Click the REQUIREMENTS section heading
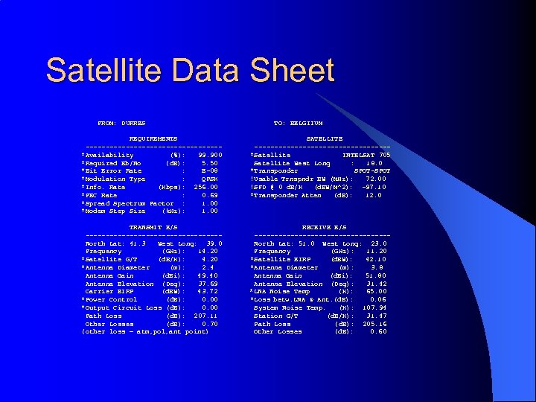point(153,138)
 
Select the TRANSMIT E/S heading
point(153,227)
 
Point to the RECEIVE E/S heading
point(324,227)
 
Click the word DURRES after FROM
point(133,123)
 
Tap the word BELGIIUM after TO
point(307,123)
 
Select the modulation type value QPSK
point(209,179)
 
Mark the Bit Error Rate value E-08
point(210,171)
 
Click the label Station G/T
point(275,316)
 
